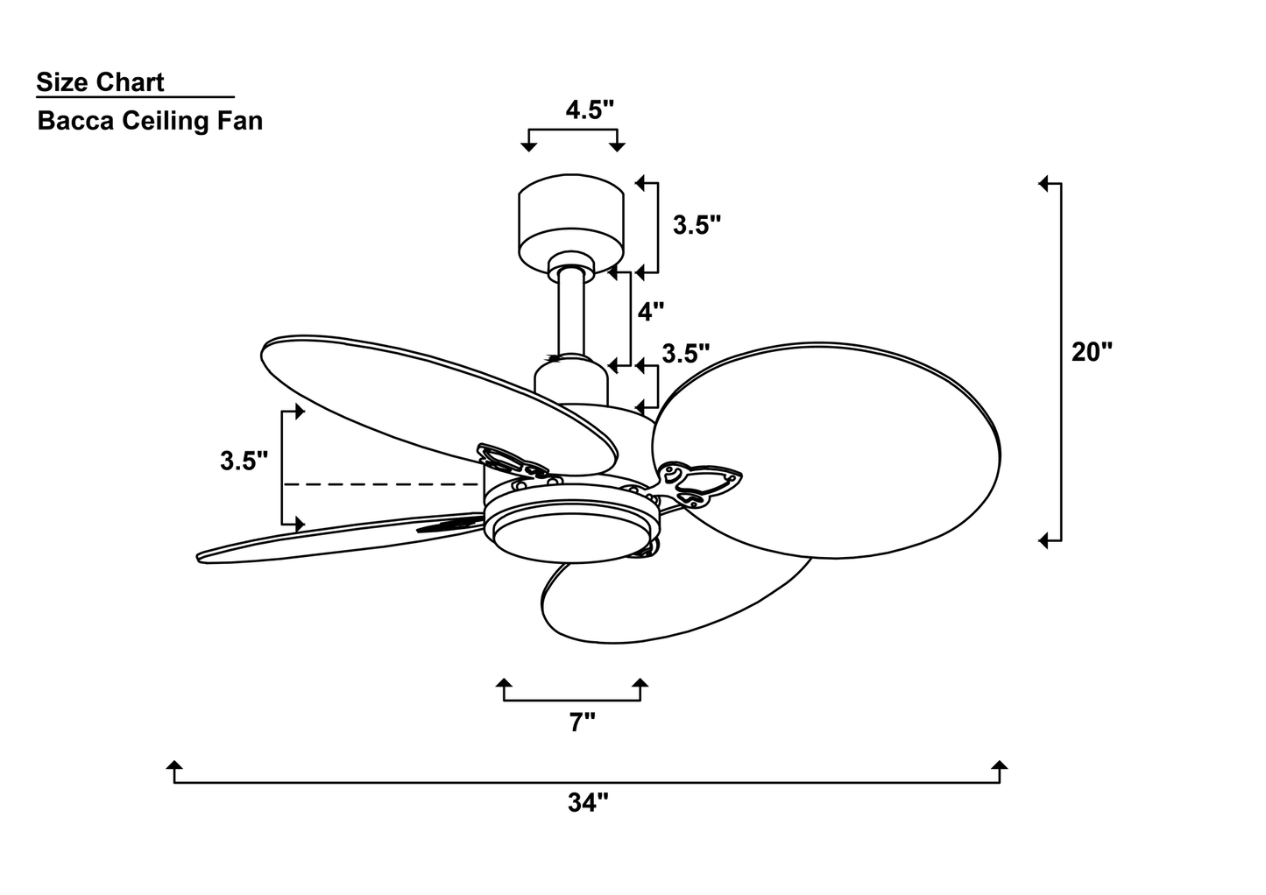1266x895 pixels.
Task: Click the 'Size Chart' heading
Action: click(100, 82)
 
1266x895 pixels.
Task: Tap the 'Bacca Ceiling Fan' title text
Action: click(151, 122)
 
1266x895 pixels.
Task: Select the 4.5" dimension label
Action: click(590, 109)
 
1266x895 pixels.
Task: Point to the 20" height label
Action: click(1092, 352)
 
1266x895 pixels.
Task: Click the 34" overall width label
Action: click(588, 802)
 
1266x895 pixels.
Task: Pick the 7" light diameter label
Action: click(582, 722)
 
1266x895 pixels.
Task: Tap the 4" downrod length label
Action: click(650, 312)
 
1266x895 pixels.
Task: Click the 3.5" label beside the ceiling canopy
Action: click(697, 225)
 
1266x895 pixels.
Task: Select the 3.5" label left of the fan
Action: click(244, 461)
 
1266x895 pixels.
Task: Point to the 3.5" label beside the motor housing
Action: click(685, 354)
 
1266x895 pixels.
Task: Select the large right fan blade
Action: click(826, 450)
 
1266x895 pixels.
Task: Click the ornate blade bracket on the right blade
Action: click(700, 483)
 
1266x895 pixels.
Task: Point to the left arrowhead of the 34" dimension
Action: click(174, 765)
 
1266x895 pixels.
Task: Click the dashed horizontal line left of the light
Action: click(382, 485)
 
